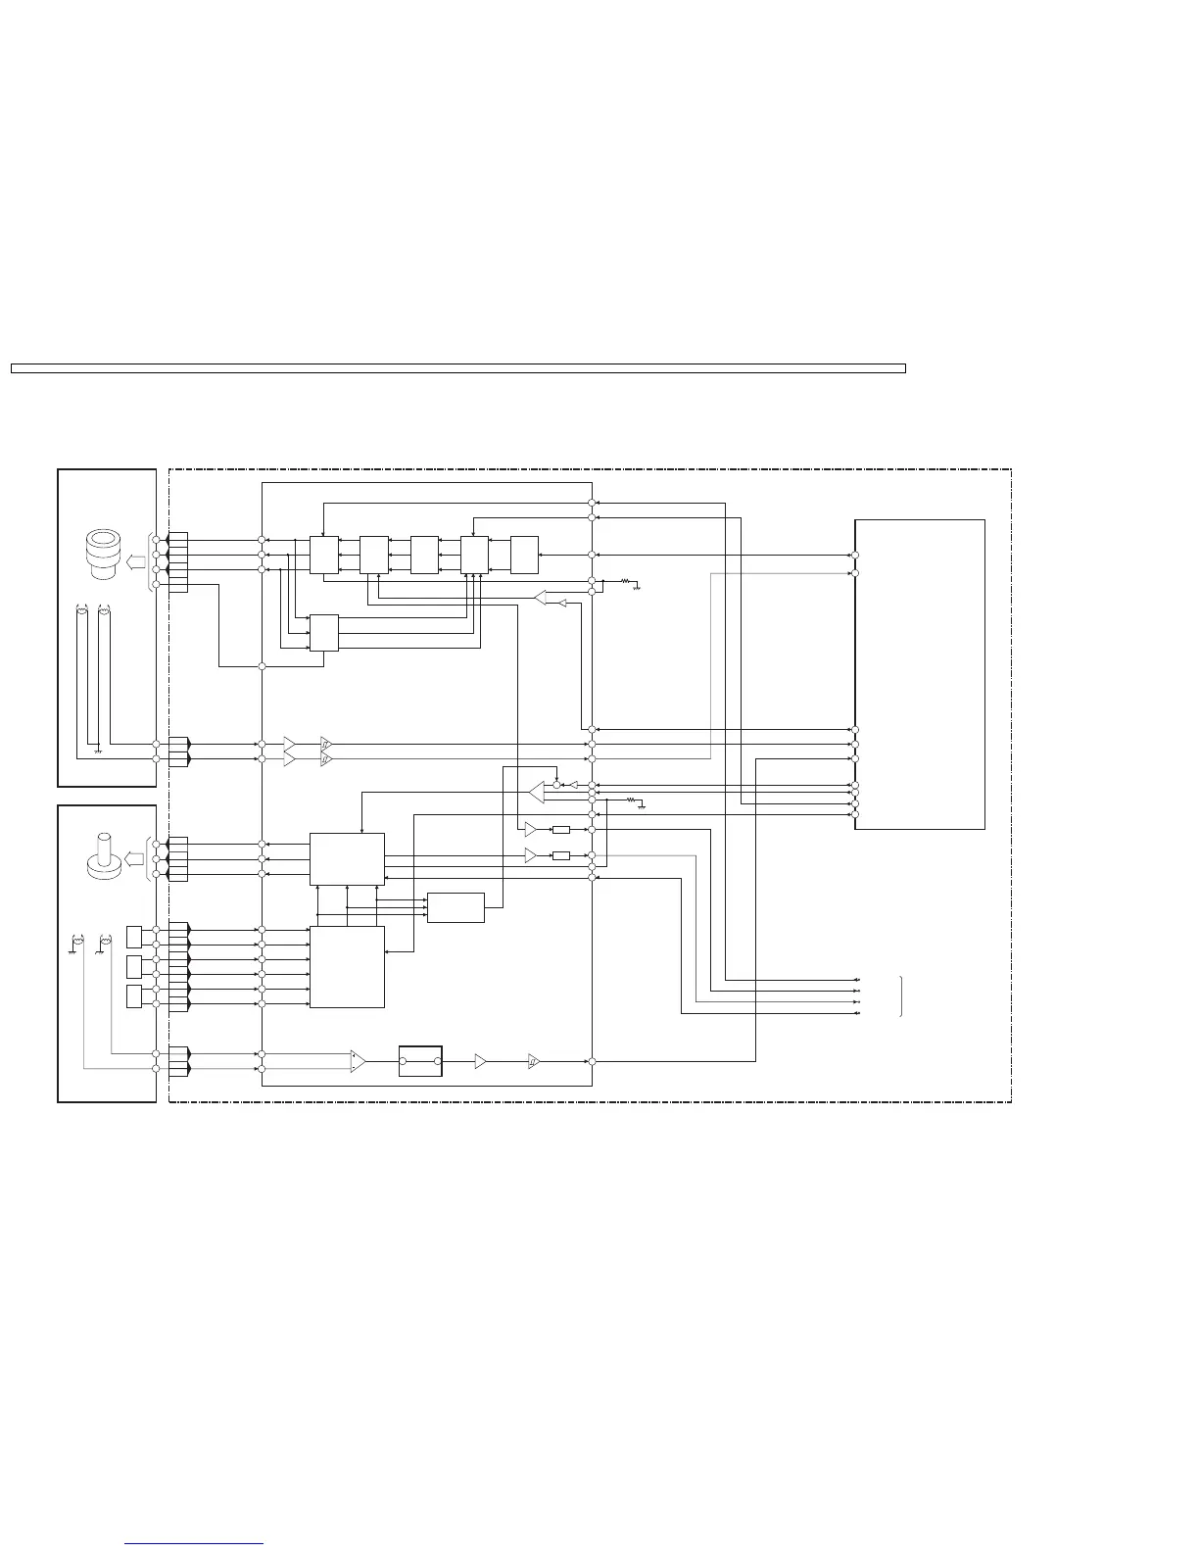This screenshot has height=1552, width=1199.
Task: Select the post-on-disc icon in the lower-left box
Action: (101, 859)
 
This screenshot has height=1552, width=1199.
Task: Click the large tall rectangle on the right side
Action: (919, 674)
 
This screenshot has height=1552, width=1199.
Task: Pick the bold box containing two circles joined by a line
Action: (420, 1061)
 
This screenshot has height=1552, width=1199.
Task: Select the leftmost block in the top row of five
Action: (323, 555)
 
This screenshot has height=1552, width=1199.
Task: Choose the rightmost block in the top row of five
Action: (524, 555)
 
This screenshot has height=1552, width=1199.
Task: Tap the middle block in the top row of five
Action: (424, 555)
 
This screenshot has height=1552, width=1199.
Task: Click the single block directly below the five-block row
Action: (323, 633)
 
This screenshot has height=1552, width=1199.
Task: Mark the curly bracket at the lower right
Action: (900, 996)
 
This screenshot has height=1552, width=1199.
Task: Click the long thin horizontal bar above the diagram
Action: (457, 368)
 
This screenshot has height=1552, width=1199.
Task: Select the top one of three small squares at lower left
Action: (134, 937)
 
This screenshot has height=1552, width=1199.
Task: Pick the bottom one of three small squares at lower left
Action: (134, 997)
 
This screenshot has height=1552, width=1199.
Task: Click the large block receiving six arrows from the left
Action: (347, 966)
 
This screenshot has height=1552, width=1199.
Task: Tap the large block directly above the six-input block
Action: (347, 858)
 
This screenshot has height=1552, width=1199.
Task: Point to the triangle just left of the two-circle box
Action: (358, 1061)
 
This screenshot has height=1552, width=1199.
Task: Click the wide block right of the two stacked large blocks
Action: (456, 907)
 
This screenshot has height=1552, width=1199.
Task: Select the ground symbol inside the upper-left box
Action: (98, 752)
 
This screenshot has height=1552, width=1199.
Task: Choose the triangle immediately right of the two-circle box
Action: (480, 1061)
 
